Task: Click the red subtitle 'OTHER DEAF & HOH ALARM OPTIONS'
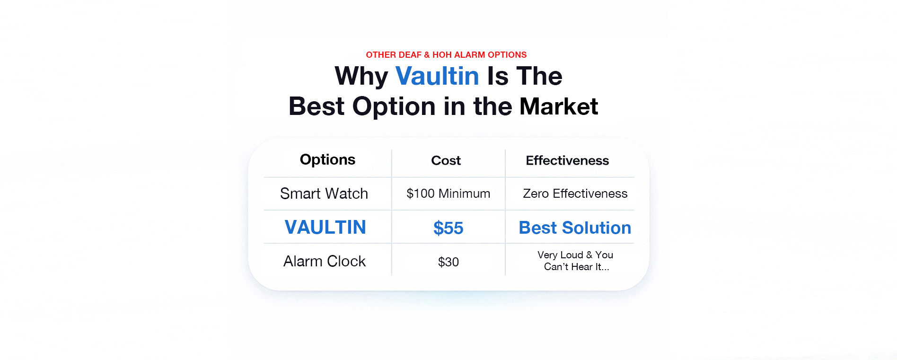[446, 55]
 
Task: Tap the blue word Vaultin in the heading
[437, 76]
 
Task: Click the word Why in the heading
[361, 77]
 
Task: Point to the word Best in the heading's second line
[317, 106]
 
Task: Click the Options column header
[327, 160]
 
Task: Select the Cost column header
[446, 161]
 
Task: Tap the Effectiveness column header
[567, 161]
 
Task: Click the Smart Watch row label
[324, 193]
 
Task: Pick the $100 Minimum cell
[448, 193]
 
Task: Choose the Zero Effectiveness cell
[575, 193]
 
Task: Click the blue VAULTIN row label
[325, 228]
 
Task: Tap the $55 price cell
[448, 228]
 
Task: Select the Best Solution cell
[575, 228]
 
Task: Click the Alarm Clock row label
[325, 261]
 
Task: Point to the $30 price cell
[448, 262]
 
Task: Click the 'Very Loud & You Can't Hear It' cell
[575, 261]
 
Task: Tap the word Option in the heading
[394, 107]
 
